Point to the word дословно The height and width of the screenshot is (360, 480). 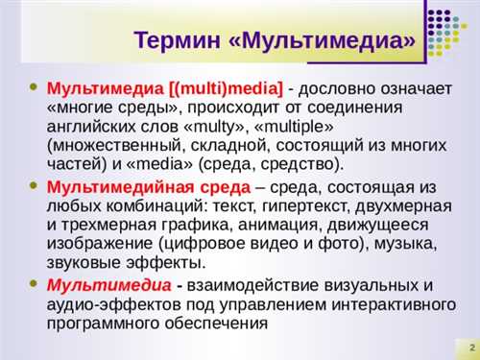coord(340,89)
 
